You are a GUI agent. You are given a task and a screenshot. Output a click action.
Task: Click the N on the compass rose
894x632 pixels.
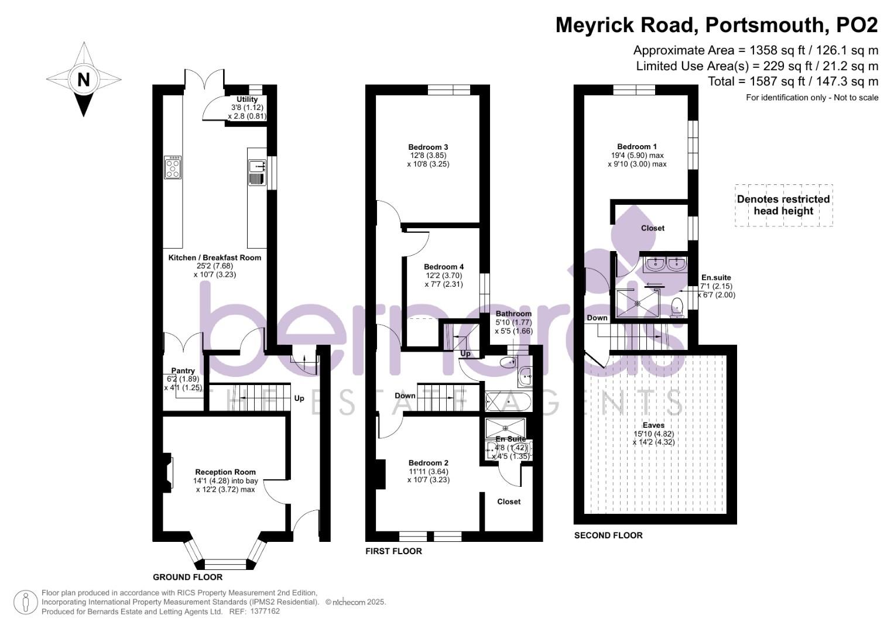tap(84, 79)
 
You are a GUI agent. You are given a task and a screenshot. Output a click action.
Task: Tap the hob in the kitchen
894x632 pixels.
tap(173, 167)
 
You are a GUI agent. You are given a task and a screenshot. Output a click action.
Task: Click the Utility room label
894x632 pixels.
tap(247, 99)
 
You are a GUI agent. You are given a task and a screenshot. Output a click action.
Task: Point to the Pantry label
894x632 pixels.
tap(183, 371)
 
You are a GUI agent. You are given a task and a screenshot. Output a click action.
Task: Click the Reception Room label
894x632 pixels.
tap(225, 472)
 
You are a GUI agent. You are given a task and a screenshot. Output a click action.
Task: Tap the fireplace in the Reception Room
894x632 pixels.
tap(168, 472)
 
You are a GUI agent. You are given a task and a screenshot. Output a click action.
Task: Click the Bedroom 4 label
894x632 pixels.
tap(444, 267)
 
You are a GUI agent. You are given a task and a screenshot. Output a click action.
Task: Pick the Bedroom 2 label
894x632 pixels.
tap(429, 463)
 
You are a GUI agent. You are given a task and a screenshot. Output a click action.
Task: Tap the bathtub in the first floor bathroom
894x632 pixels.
tap(508, 402)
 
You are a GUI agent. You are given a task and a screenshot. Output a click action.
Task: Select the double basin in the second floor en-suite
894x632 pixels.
tap(666, 264)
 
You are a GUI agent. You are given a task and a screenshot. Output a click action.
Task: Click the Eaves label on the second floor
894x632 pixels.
tap(653, 425)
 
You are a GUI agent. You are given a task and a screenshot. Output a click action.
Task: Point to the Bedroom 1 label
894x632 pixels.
tap(637, 147)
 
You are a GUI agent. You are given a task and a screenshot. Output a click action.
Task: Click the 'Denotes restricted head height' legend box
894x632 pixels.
tap(783, 205)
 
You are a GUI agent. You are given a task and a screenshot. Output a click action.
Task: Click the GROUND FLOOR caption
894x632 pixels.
tap(187, 577)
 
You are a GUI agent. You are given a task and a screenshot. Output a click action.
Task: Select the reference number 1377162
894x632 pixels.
tap(264, 612)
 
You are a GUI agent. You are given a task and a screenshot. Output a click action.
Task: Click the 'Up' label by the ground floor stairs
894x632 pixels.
tap(299, 399)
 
